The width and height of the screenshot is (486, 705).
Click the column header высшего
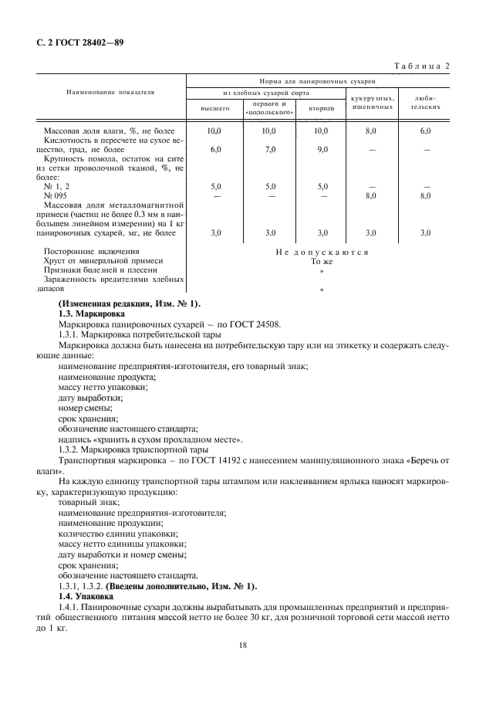[x=215, y=109]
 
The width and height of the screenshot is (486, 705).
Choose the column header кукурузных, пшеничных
[x=373, y=103]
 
